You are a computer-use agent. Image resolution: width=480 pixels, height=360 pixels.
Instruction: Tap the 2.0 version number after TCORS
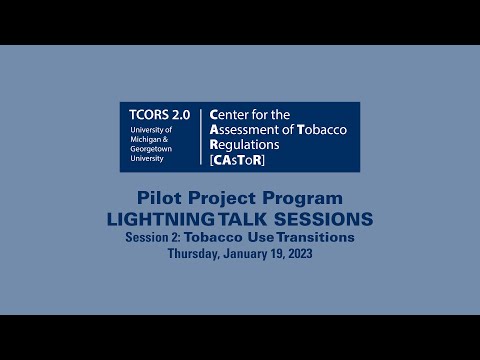[176, 115]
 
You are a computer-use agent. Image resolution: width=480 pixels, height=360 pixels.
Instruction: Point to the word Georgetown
[153, 154]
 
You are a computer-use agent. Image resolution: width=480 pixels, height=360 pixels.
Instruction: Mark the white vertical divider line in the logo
[201, 136]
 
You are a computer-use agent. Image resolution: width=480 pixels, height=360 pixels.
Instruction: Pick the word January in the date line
[238, 253]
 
